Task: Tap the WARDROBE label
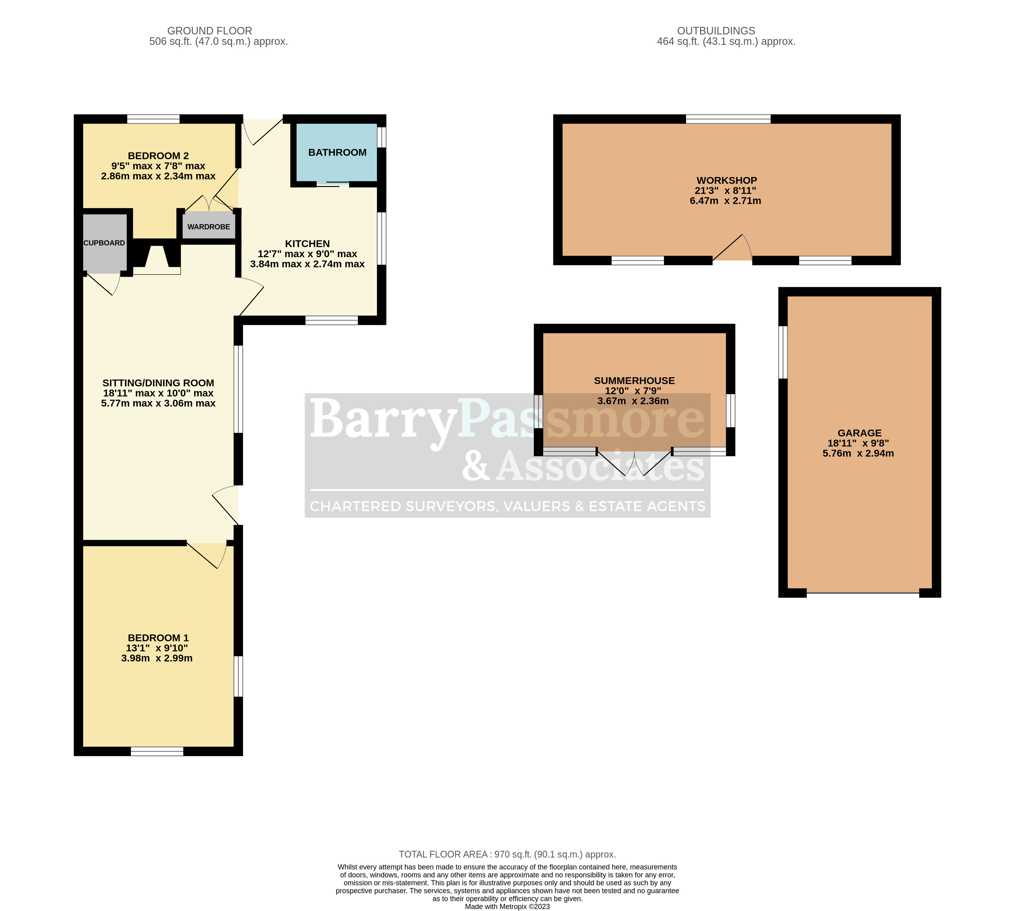209,227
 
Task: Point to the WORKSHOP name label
726,181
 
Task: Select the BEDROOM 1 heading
158,638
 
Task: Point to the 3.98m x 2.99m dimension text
157,659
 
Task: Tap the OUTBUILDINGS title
716,31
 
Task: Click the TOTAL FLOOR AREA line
507,855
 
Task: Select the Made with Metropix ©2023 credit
507,906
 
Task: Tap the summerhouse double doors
634,463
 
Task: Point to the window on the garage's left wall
783,352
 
